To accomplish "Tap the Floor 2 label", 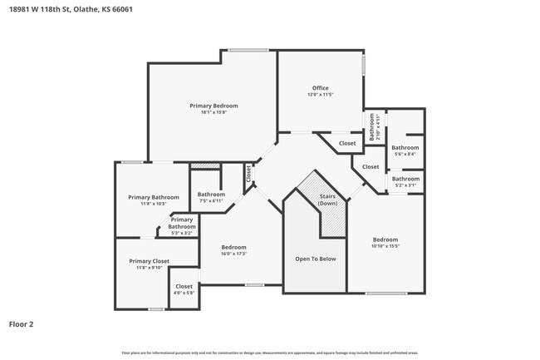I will point(22,324).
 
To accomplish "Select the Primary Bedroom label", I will point(214,106).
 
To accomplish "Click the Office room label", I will point(321,88).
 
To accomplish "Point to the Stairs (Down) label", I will point(328,200).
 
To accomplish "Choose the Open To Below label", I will point(316,259).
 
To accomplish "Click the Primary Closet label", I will point(149,261).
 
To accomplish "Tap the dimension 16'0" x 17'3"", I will point(233,254).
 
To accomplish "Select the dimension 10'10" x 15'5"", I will point(385,246).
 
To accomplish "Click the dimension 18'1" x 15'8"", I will point(214,113).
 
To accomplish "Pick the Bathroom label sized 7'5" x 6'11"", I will point(211,195).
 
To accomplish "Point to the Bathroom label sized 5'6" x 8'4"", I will point(405,147).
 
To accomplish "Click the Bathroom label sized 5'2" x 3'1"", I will point(405,179).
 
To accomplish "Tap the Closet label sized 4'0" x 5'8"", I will point(184,286).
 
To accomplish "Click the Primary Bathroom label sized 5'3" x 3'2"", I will point(182,223).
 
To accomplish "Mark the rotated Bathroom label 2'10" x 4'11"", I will point(374,128).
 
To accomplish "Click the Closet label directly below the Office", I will point(347,143).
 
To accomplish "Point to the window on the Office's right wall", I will point(363,65).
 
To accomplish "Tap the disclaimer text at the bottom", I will point(269,353).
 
